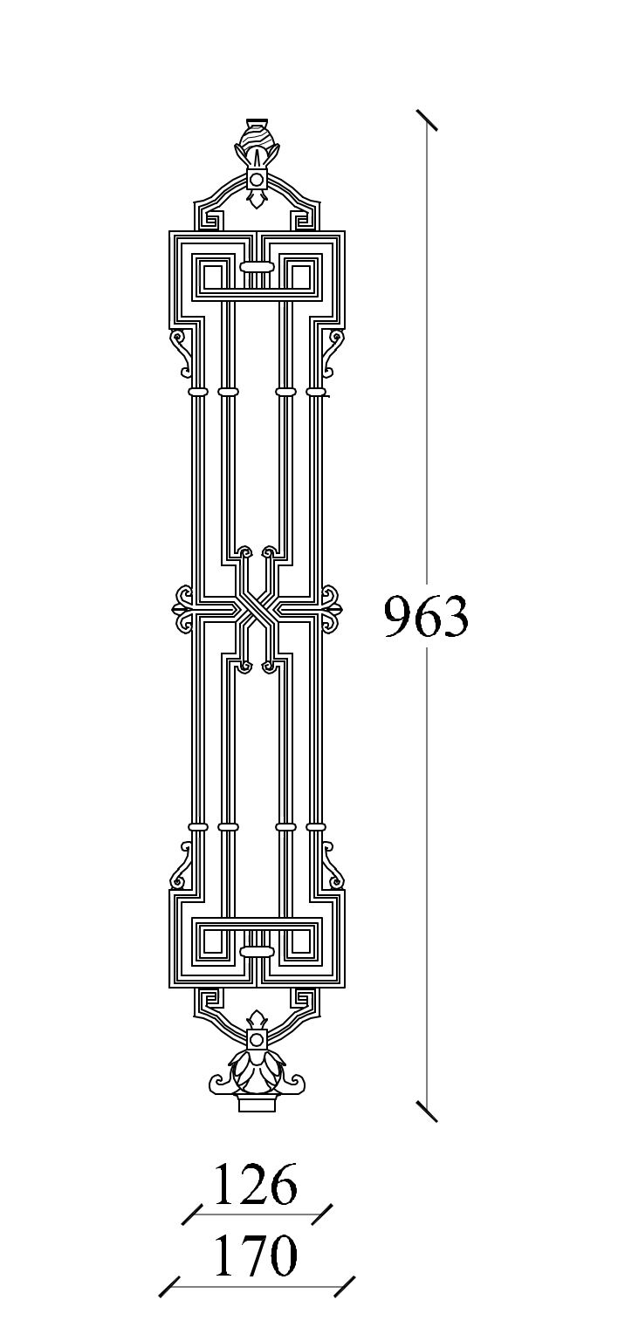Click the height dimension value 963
point(426,617)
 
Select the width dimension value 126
point(256,1185)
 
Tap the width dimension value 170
point(256,1256)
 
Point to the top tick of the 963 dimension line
point(427,120)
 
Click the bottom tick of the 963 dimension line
point(427,1111)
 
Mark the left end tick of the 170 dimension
point(169,1286)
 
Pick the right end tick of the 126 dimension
point(322,1214)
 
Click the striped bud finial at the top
point(257,137)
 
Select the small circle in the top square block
point(257,180)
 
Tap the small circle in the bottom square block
point(257,1040)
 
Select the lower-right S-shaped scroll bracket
point(331,867)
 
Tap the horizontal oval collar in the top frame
point(257,266)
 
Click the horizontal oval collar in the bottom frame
point(257,951)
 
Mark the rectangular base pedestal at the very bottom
point(257,1104)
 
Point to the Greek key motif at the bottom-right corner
point(305,999)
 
